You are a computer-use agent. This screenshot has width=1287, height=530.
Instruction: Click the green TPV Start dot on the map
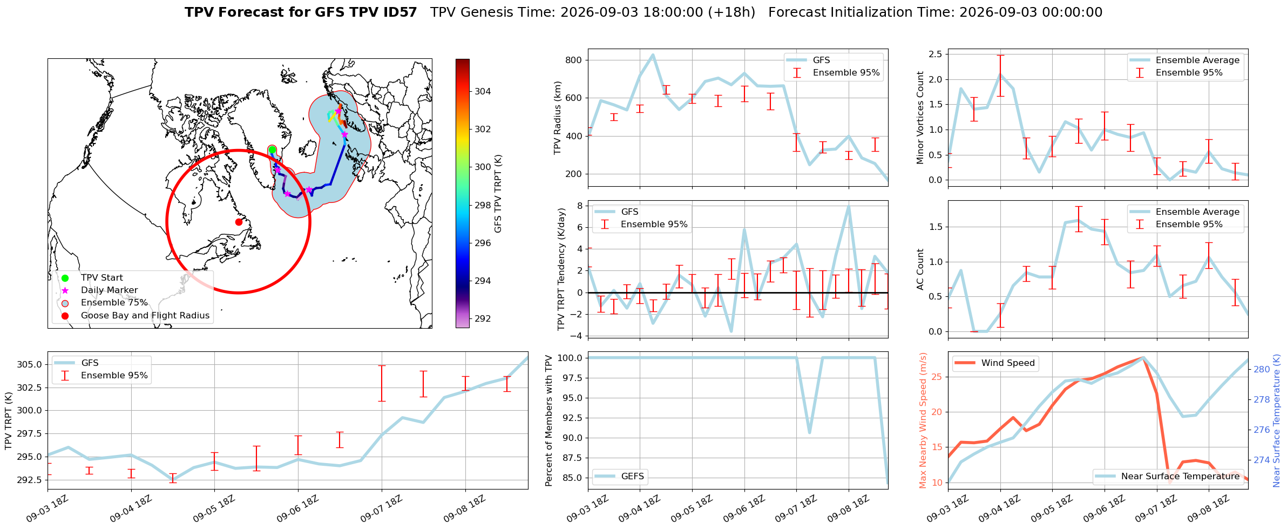click(272, 150)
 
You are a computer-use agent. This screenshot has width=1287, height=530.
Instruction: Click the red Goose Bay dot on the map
click(239, 222)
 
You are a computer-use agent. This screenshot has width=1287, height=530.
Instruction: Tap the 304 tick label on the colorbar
click(483, 91)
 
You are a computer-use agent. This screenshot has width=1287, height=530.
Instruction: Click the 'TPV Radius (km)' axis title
click(558, 118)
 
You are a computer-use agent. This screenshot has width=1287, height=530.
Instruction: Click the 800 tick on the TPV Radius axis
click(574, 60)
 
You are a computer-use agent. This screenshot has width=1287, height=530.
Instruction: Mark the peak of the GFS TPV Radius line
click(653, 55)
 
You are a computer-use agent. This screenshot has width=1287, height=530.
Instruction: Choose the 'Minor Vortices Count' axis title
click(920, 118)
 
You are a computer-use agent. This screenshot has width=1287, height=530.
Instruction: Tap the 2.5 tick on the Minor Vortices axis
click(936, 54)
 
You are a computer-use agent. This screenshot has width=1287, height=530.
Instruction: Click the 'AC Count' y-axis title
click(920, 269)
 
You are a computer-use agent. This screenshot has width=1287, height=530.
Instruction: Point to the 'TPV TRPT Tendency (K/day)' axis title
click(561, 269)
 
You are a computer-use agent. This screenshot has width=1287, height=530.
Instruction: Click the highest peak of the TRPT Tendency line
click(849, 206)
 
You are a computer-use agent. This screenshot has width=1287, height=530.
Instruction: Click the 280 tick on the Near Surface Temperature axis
click(1262, 369)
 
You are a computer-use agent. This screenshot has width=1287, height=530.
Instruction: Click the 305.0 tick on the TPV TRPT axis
click(29, 364)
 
